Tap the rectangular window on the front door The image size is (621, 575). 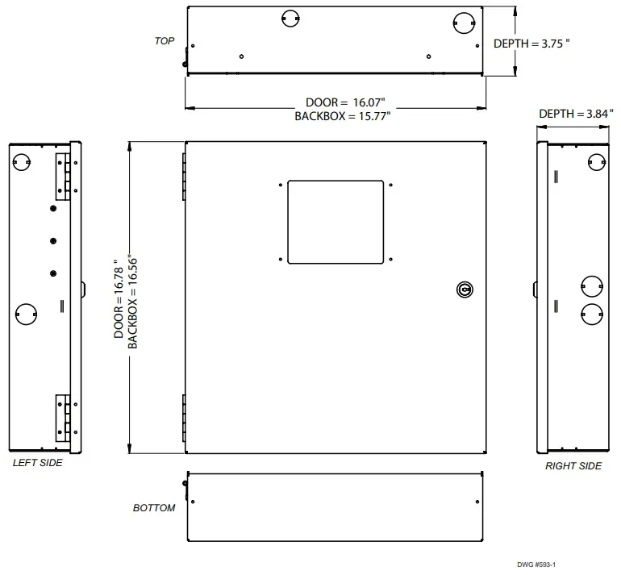[336, 222]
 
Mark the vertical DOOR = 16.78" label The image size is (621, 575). [119, 298]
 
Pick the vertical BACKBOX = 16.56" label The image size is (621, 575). [133, 298]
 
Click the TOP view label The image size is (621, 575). [165, 40]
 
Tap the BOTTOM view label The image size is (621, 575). [154, 508]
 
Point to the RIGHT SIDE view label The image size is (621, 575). [573, 466]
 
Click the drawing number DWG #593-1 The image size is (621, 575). [537, 565]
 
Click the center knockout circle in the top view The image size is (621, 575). [291, 18]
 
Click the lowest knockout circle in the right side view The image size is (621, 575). [592, 314]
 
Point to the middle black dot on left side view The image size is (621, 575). [53, 241]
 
